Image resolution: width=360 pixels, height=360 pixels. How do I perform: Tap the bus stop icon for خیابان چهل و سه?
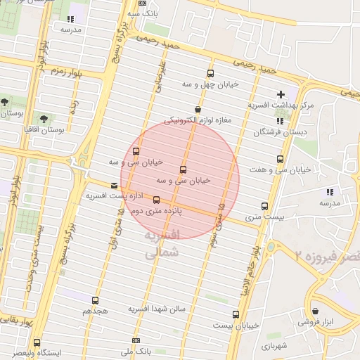210,74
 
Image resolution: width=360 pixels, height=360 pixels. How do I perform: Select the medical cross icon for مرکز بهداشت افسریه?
281,94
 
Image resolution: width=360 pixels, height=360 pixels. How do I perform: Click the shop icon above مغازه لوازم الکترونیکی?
198,110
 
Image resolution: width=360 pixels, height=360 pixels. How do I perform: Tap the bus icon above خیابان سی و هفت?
281,160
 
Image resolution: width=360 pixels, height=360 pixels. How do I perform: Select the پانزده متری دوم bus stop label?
157,210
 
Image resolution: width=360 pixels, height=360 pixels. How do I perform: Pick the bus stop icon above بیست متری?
264,207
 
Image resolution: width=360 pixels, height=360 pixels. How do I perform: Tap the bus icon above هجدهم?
95,300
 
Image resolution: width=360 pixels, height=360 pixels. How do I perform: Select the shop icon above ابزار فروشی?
316,310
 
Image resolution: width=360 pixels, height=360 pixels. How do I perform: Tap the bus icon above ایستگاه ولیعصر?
36,342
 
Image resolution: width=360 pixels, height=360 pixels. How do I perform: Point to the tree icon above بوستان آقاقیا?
44,119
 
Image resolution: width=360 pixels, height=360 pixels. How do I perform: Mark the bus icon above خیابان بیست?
235,314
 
